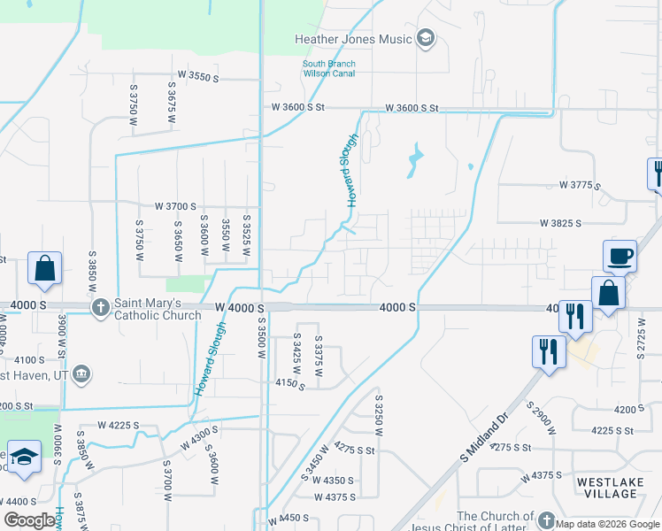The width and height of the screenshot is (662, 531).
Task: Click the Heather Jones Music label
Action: (354, 39)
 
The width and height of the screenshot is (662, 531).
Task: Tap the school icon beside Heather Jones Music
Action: (426, 38)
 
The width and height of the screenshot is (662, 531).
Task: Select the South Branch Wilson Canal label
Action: (328, 68)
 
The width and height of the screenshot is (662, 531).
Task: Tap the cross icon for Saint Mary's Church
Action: (101, 307)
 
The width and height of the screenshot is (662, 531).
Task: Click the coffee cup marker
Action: (620, 256)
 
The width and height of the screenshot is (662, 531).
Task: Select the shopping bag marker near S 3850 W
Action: (44, 269)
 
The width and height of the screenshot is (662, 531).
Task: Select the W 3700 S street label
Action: (175, 205)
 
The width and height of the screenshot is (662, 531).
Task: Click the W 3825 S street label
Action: (560, 224)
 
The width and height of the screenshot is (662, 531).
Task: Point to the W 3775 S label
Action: (580, 186)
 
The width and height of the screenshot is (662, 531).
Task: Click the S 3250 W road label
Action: (378, 413)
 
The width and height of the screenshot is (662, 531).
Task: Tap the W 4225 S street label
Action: (119, 425)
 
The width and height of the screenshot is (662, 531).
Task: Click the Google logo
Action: (28, 520)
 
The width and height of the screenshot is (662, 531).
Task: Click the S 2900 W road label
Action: (542, 419)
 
